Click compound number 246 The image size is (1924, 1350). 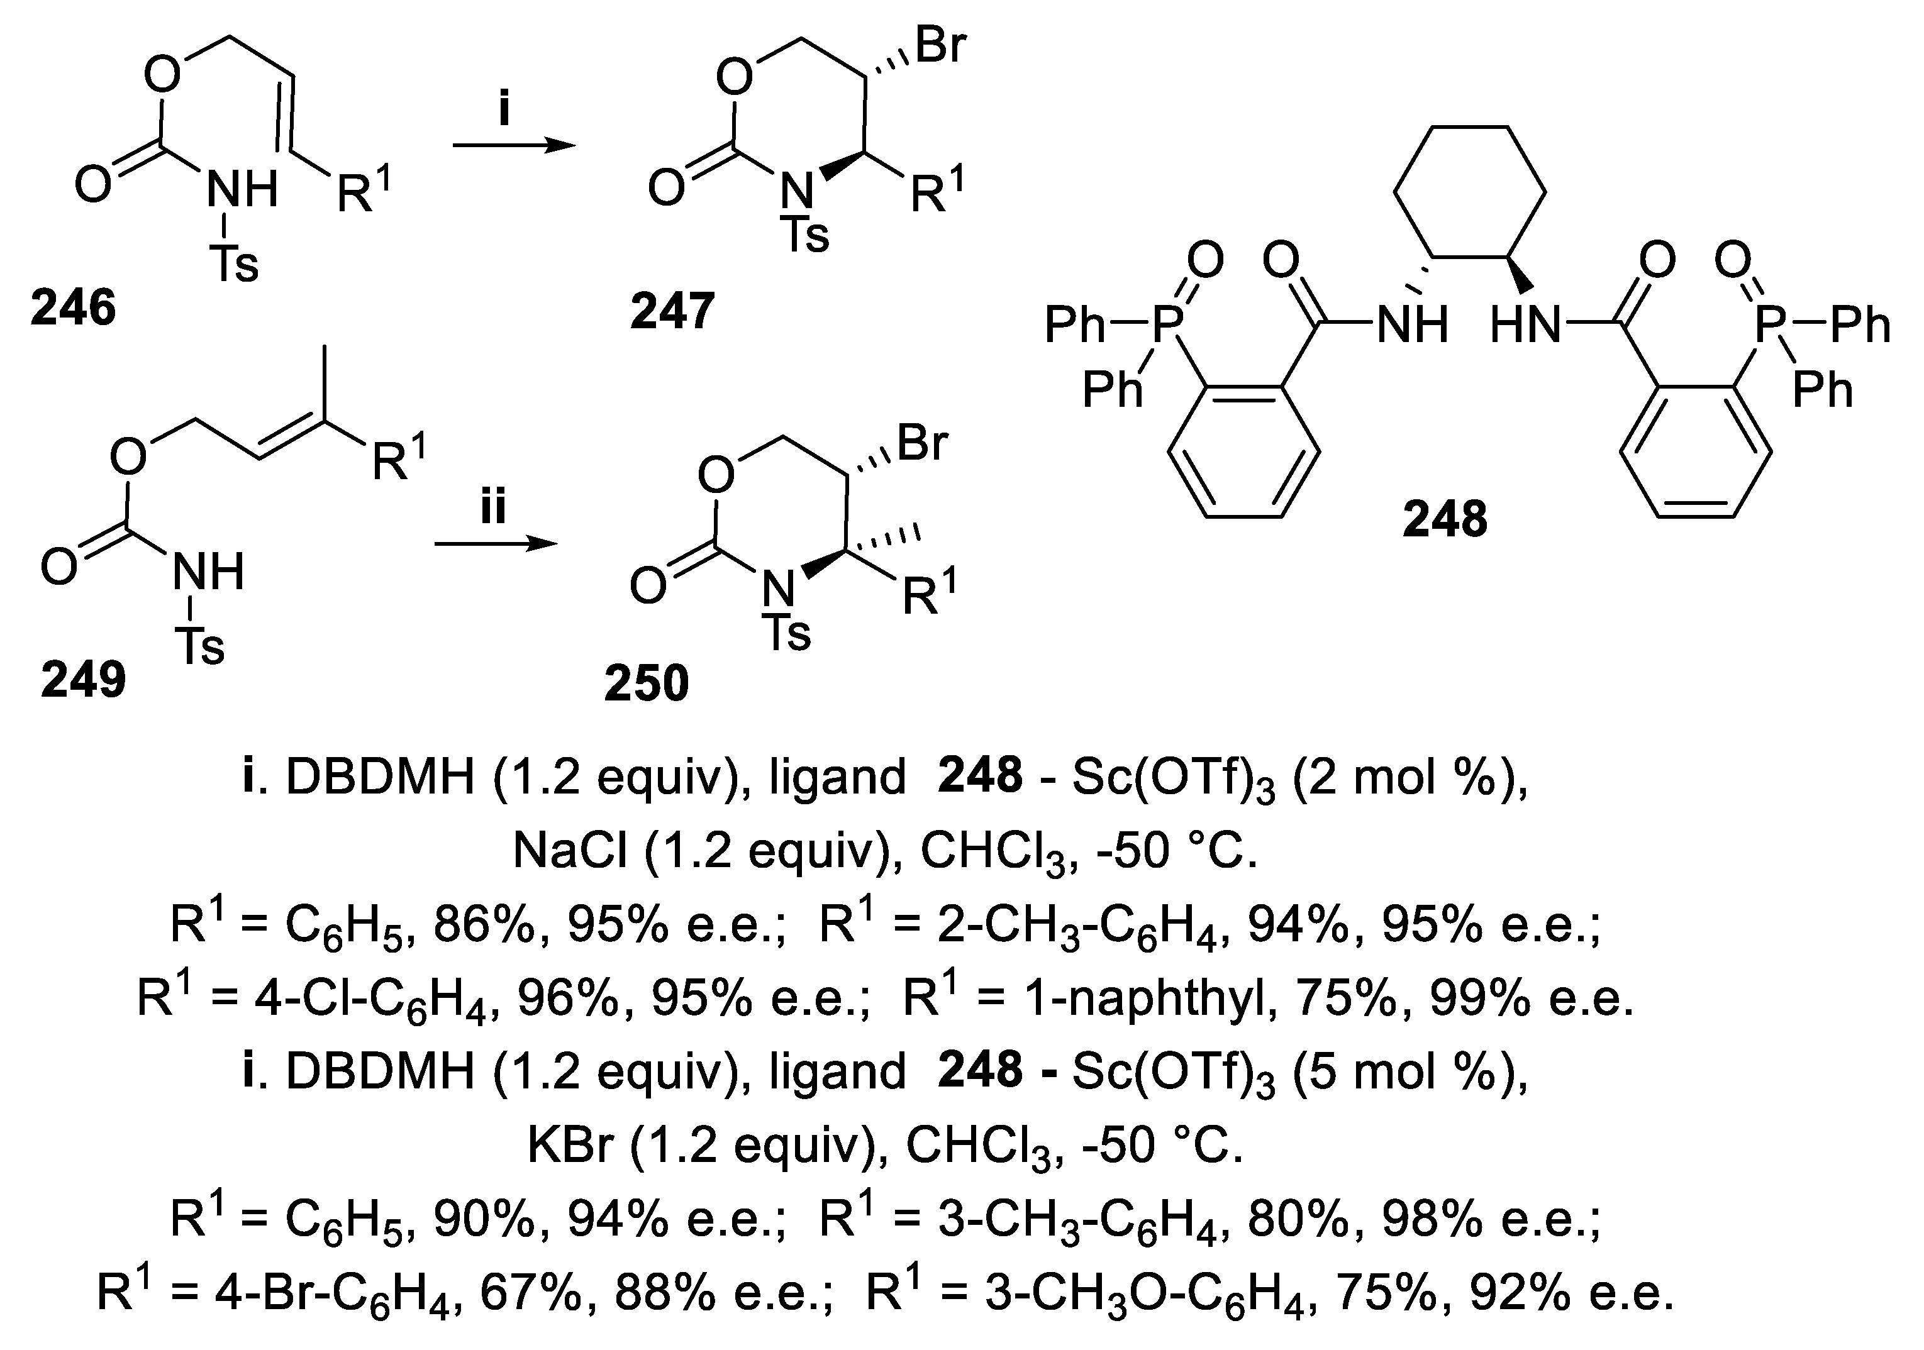73,308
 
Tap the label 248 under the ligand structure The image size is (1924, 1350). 1445,519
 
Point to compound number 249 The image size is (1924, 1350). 83,678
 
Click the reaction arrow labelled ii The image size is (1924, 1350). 494,544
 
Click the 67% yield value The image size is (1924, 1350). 530,1292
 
